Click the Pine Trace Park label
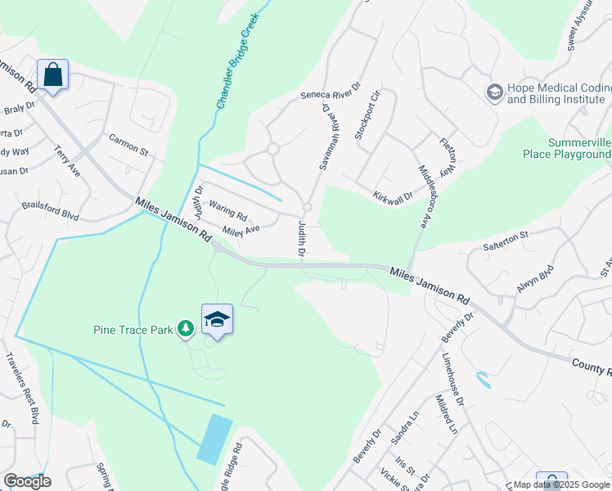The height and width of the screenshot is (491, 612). pos(133,330)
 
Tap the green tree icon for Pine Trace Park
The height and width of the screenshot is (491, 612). pos(187,329)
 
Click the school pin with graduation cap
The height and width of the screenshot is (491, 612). pos(217,319)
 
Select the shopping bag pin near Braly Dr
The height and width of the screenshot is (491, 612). pos(53,75)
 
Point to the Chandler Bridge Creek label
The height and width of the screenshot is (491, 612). pos(237,61)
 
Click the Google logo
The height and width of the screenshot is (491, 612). pos(27,481)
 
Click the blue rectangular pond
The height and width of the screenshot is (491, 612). pos(215,439)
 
